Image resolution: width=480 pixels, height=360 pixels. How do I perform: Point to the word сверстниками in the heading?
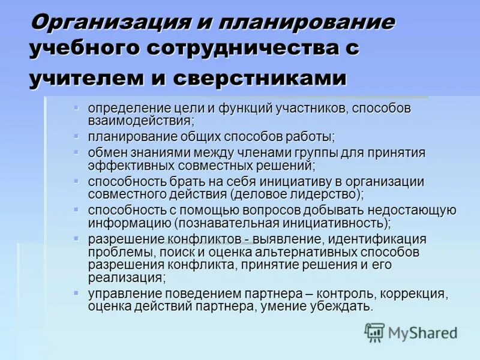pos(260,79)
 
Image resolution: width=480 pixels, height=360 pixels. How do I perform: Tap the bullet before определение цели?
pos(76,107)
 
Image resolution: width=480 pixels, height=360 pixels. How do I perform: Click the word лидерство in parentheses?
pos(320,193)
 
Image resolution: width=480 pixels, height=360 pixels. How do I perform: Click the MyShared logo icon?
pos(374,332)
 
